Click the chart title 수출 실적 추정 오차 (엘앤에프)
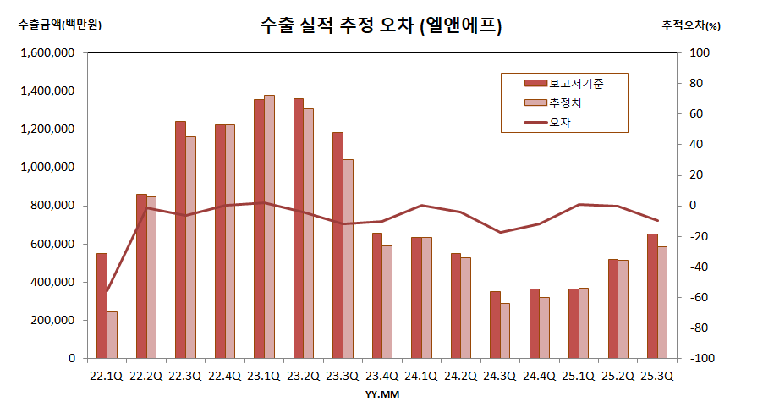tap(381, 26)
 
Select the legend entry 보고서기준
tap(575, 83)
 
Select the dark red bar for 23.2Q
tap(299, 229)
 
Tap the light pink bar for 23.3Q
tap(348, 258)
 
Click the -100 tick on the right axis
tap(705, 359)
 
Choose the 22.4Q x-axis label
tap(224, 376)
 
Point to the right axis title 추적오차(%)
tap(691, 25)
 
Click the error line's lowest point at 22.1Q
tap(107, 291)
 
